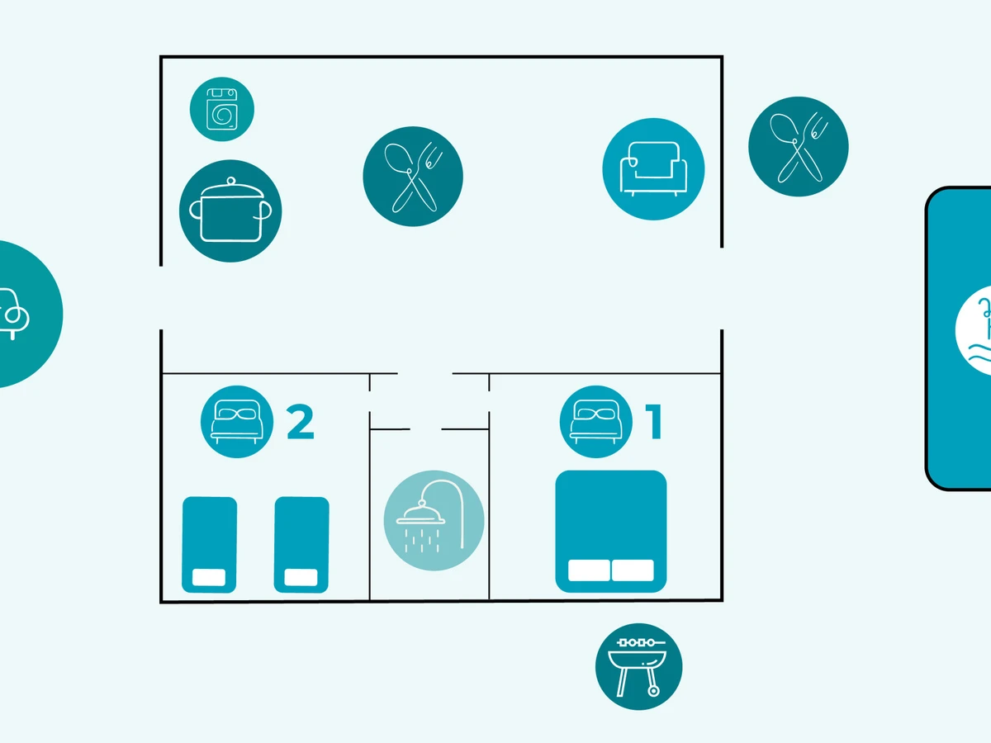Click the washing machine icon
coord(222,109)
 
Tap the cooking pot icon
coord(230,211)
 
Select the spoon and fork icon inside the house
coord(413,175)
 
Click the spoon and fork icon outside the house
coord(798,146)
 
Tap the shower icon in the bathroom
coord(434,521)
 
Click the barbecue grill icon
coord(639,666)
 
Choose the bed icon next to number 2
coord(237,422)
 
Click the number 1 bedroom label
coord(654,422)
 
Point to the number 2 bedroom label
coord(300,422)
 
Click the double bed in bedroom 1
coord(610,520)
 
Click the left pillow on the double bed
coord(589,570)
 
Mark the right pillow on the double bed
coord(633,570)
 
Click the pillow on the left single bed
coord(209,578)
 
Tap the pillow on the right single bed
coord(301,578)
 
